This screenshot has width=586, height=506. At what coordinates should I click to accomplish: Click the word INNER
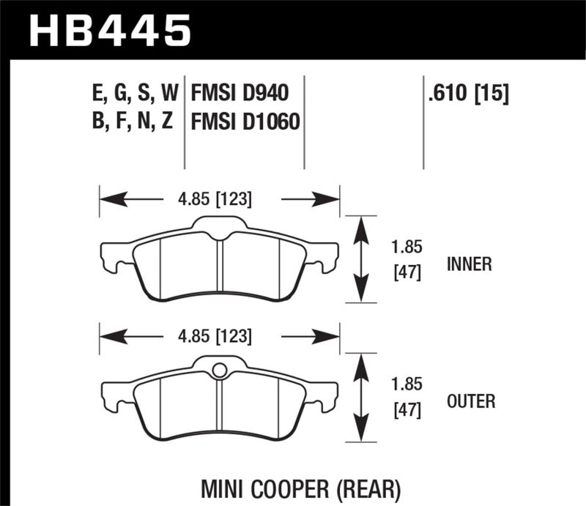click(x=469, y=264)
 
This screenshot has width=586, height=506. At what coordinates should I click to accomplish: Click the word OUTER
click(x=470, y=401)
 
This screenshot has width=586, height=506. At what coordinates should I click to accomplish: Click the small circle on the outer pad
click(x=218, y=371)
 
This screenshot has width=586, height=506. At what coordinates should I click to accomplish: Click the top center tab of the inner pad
click(x=218, y=223)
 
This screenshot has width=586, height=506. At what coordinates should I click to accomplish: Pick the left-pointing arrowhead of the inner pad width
click(x=110, y=198)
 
